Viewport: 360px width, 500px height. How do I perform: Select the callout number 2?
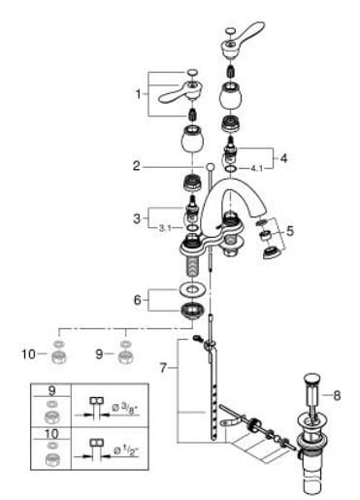point(139,165)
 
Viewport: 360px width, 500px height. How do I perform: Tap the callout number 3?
point(139,216)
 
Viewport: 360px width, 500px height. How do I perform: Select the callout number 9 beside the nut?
point(99,353)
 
